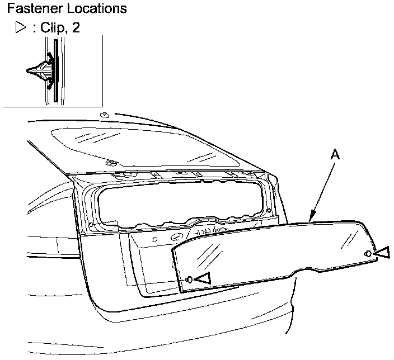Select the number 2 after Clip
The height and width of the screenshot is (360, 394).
tap(76, 28)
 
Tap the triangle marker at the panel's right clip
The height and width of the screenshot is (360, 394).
tap(381, 253)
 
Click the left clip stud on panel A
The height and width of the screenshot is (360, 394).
tap(189, 279)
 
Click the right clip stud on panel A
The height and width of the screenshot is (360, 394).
tap(367, 254)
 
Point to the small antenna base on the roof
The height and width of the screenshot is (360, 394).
tap(104, 114)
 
